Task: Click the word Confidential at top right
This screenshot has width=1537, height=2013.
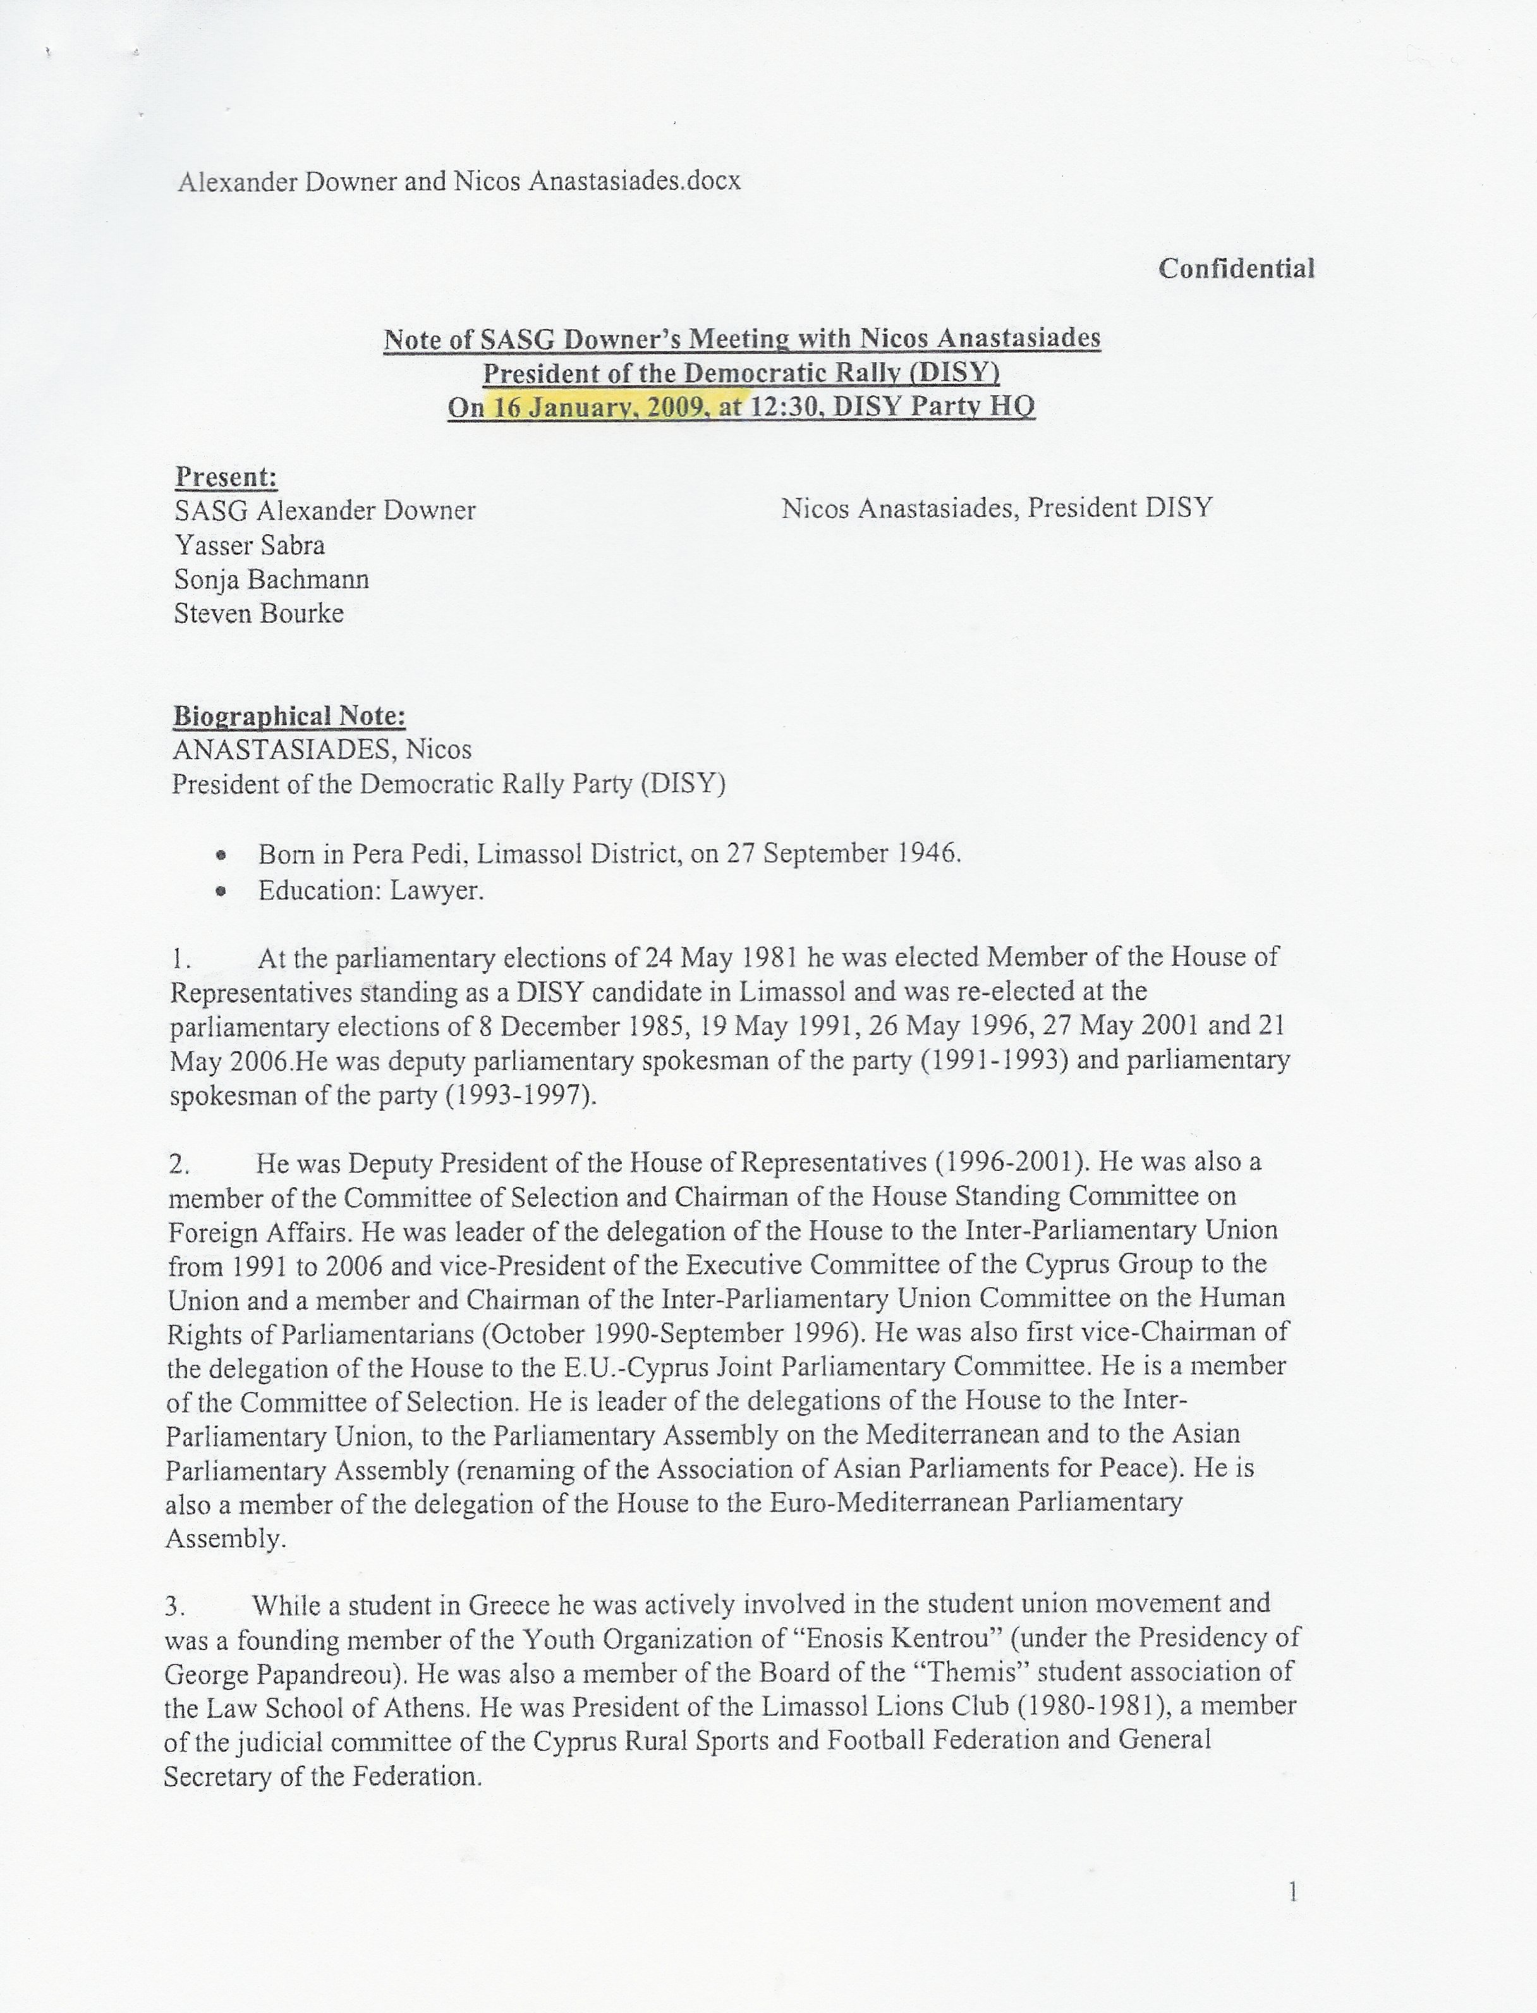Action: pos(1236,268)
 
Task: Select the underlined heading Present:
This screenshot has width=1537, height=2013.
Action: pos(226,477)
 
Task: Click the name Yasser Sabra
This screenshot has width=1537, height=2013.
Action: pos(250,546)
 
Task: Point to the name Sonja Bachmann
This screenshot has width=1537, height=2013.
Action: pos(272,579)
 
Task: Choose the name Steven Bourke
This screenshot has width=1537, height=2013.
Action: pos(259,613)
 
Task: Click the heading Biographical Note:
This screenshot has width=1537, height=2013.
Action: pos(289,716)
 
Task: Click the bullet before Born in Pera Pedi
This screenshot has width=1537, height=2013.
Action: pos(221,855)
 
